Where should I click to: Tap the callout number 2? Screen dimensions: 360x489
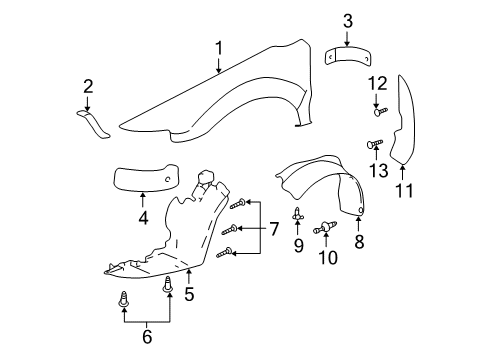(x=88, y=86)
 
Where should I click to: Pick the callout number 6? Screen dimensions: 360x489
(x=145, y=337)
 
